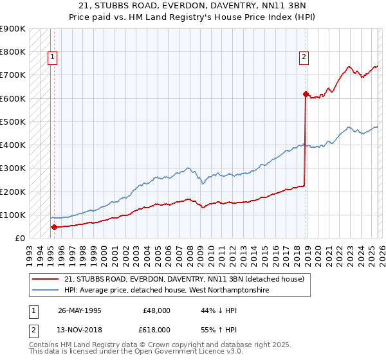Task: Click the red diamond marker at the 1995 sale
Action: pyautogui.click(x=54, y=227)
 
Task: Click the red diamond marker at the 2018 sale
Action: pyautogui.click(x=305, y=94)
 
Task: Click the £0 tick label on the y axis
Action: pyautogui.click(x=19, y=239)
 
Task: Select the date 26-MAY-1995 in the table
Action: pyautogui.click(x=79, y=310)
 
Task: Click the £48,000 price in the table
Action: pyautogui.click(x=156, y=310)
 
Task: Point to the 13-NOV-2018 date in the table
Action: pyautogui.click(x=79, y=329)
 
